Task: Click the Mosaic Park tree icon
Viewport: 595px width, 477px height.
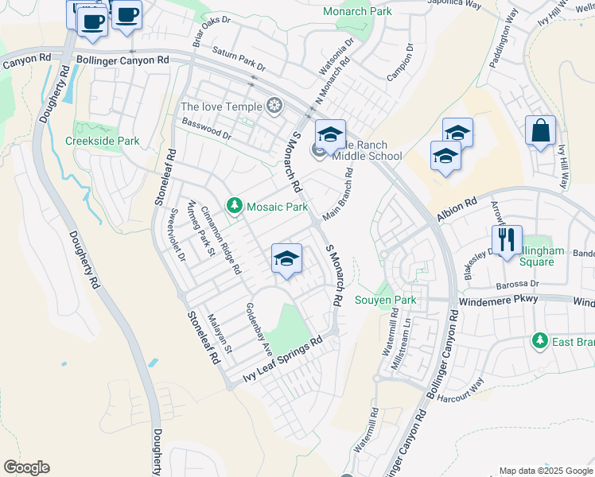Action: click(235, 207)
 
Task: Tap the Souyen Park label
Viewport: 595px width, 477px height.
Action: click(385, 301)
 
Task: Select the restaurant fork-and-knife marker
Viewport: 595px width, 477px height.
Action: click(507, 238)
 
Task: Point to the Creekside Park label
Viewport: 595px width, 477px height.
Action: click(102, 141)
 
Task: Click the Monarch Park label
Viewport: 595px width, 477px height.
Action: click(358, 11)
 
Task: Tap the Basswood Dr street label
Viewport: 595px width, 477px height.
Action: click(206, 130)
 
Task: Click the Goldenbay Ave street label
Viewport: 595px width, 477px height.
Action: click(259, 328)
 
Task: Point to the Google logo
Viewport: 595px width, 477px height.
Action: click(26, 467)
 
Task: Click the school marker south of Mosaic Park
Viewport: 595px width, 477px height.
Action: click(287, 259)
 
